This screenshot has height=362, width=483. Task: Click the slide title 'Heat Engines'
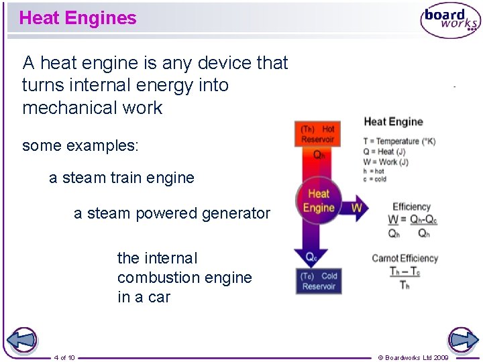coord(78,18)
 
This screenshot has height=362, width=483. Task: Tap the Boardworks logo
coord(450,21)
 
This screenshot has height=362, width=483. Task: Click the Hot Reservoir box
coord(317,133)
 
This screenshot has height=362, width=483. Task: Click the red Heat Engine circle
coord(319,200)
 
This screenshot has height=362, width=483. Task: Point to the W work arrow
coord(356,208)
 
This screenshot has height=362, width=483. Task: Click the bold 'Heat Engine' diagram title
coord(393,121)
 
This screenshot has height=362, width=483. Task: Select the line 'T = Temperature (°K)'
coord(399,141)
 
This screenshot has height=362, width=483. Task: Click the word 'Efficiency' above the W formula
coord(411,206)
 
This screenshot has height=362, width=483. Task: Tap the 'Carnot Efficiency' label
coord(405,258)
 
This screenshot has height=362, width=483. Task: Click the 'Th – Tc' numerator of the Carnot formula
coord(404,271)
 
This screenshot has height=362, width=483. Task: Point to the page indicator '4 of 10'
coord(64,357)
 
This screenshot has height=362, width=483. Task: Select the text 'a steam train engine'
coord(121,178)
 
